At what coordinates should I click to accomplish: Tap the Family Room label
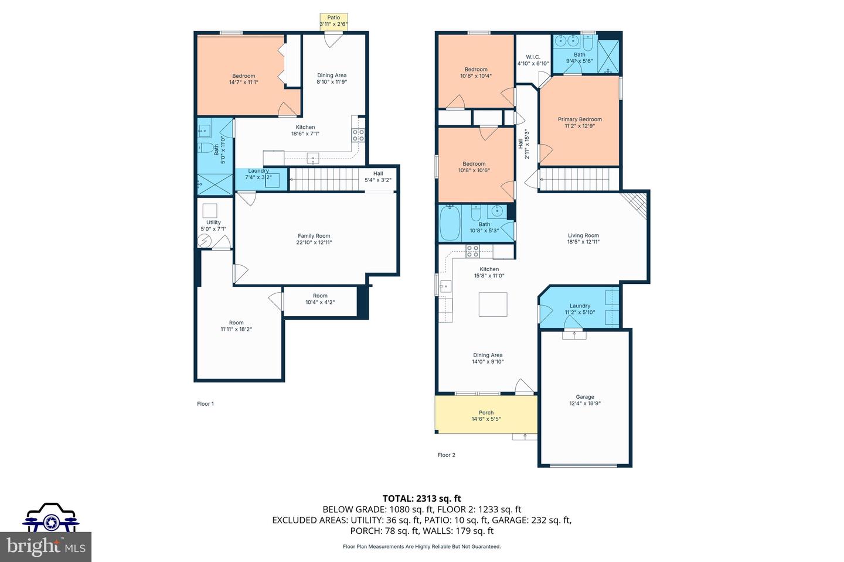click(x=314, y=236)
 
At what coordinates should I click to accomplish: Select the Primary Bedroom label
click(x=580, y=119)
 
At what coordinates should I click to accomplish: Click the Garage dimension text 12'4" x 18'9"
click(x=585, y=403)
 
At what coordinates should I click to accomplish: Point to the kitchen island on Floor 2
click(x=492, y=304)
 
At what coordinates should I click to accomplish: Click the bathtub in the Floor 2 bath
click(x=450, y=223)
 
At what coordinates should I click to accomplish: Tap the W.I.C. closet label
click(x=533, y=57)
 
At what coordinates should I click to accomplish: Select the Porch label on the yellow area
click(x=486, y=413)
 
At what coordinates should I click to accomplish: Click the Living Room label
click(x=583, y=236)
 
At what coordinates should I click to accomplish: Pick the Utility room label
click(x=213, y=222)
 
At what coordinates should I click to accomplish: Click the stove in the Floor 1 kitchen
click(x=358, y=135)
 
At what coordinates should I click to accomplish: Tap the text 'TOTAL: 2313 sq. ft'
click(x=421, y=499)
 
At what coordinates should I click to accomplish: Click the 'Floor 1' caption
click(x=205, y=404)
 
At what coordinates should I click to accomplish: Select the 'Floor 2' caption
click(x=446, y=455)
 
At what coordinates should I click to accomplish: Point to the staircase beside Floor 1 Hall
click(x=324, y=179)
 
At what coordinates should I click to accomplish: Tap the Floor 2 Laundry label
click(x=580, y=306)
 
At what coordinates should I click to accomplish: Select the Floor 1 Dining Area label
click(x=332, y=76)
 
